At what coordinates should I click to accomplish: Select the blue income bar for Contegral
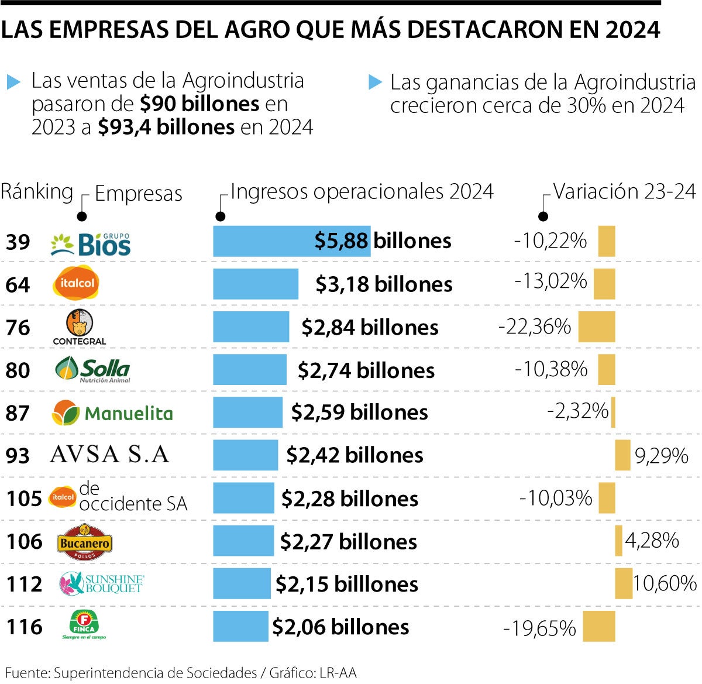tap(250, 326)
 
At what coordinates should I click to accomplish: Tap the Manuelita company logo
tap(112, 413)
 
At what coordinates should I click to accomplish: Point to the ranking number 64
tap(18, 284)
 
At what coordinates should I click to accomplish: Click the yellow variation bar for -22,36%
tap(597, 326)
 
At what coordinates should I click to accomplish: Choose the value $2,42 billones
tap(355, 455)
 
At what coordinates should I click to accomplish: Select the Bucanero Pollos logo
tap(84, 542)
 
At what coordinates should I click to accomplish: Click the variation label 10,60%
tap(665, 583)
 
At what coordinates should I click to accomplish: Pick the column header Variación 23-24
tap(625, 191)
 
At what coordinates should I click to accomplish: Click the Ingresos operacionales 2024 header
tap(362, 191)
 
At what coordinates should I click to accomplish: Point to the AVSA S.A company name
tap(109, 454)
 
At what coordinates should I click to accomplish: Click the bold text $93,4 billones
tap(166, 127)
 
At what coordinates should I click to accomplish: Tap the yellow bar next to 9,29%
tap(622, 455)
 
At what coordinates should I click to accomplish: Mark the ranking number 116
tap(24, 627)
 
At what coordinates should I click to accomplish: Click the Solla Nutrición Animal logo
tap(92, 369)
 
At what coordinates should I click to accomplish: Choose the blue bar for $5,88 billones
tap(291, 241)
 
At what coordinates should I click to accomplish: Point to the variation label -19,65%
tap(539, 628)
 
